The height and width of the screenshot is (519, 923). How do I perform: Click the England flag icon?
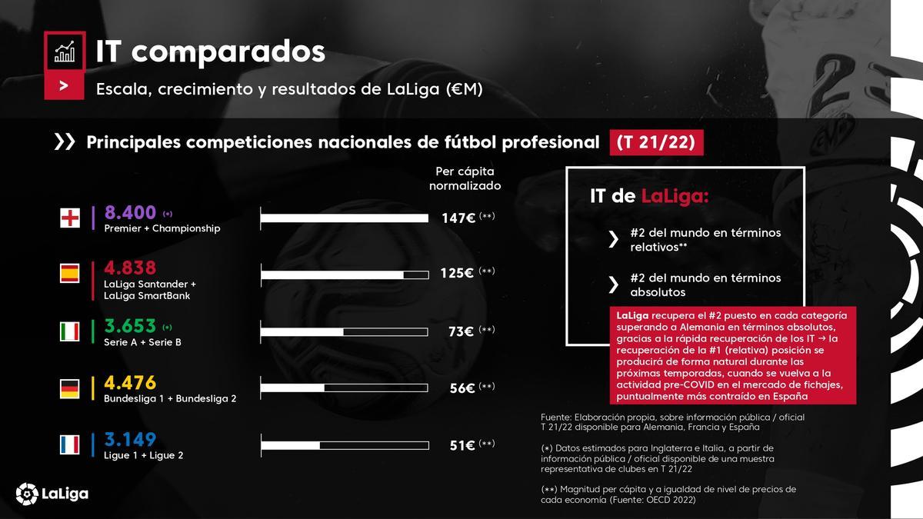(x=70, y=218)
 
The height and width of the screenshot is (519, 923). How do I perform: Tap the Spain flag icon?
(x=70, y=274)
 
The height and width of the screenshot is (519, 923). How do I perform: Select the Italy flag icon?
(x=70, y=331)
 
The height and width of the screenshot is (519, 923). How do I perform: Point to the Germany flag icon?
(x=70, y=389)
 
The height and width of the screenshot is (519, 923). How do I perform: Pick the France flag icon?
(x=70, y=445)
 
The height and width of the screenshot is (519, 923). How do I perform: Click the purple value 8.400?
(x=130, y=212)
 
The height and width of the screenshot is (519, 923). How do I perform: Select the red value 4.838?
(x=130, y=268)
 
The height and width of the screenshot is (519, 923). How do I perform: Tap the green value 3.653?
(x=130, y=325)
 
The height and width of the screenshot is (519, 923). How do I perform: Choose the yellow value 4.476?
(x=130, y=382)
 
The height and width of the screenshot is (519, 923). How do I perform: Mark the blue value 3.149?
(x=130, y=439)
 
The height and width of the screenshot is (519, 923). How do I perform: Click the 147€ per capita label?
(x=458, y=218)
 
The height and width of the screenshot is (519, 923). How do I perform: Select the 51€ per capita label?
(x=461, y=445)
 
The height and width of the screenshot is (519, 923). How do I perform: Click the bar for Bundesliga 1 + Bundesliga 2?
(x=345, y=388)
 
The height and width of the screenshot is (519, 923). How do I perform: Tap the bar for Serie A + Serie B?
(x=345, y=331)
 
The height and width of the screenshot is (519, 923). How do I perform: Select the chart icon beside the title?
(x=64, y=52)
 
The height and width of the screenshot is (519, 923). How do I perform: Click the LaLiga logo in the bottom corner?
(x=52, y=493)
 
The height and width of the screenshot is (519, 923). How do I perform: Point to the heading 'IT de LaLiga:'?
(x=648, y=197)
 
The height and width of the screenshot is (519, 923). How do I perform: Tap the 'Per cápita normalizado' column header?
(x=465, y=178)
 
